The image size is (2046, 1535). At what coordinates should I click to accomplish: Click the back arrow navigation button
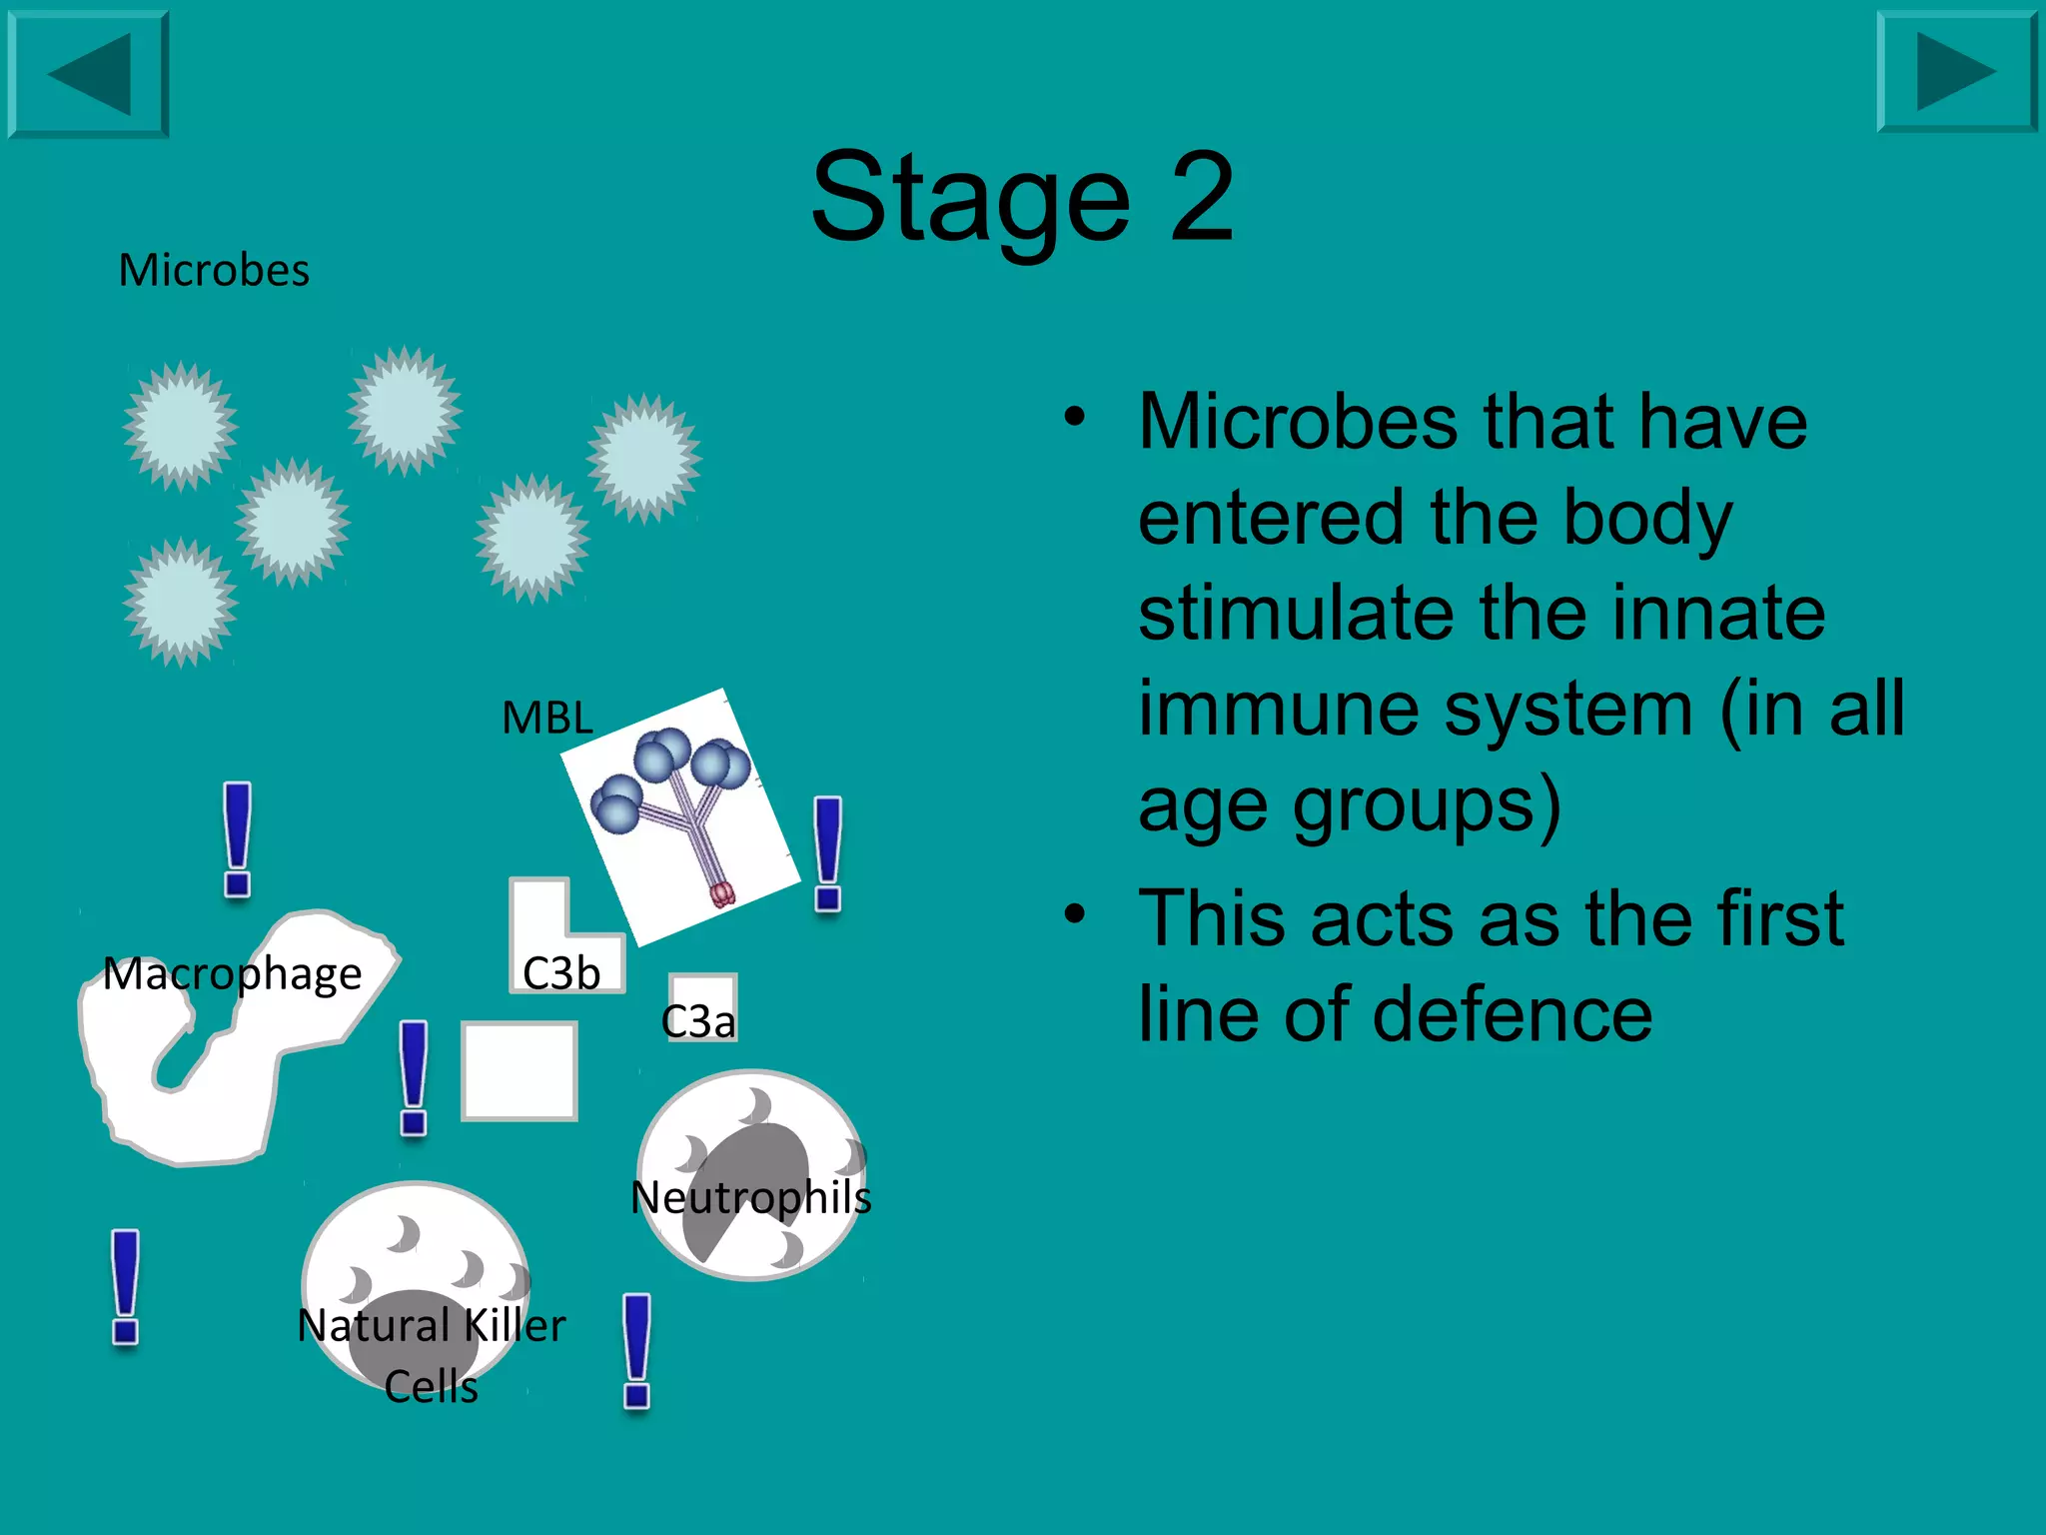tap(88, 74)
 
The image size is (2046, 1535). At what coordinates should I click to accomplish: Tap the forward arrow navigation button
tap(1956, 72)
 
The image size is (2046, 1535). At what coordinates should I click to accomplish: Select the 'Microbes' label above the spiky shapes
tap(214, 270)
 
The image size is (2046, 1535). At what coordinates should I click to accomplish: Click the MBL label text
tap(546, 718)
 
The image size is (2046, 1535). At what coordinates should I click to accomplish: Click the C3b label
tap(561, 973)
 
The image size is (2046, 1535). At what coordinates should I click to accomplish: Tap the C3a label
tap(698, 1021)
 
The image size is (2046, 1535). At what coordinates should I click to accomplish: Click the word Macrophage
tap(232, 973)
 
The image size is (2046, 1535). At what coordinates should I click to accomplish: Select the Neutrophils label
tap(751, 1197)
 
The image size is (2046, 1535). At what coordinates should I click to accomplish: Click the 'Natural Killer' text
tap(432, 1326)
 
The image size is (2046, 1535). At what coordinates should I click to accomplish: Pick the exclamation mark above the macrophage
tap(237, 839)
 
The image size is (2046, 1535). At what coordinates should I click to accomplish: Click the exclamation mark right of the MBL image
tap(827, 853)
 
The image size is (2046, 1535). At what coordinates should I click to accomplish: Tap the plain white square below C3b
tap(519, 1070)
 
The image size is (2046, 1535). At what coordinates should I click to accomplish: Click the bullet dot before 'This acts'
tap(1074, 913)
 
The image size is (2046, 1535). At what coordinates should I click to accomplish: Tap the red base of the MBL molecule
tap(722, 893)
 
